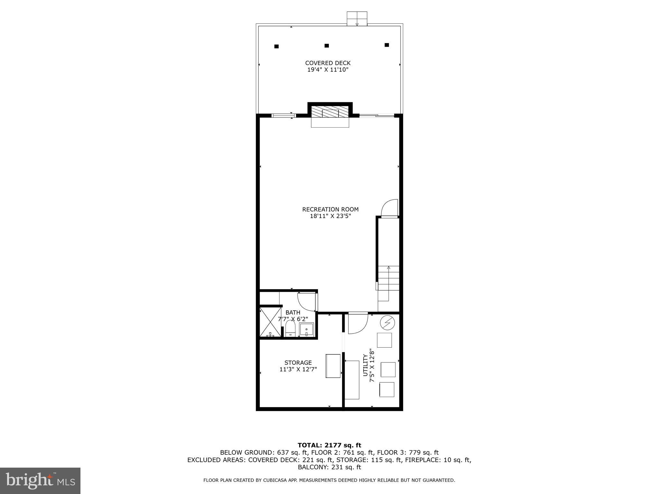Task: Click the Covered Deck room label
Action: point(328,66)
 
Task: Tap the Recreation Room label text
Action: point(330,213)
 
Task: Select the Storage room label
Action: point(298,366)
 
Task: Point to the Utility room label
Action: point(368,365)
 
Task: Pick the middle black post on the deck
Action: point(327,46)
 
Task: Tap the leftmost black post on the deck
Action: point(276,46)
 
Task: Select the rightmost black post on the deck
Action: point(387,45)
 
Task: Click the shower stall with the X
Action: point(270,322)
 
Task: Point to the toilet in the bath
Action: point(290,329)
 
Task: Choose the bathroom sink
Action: point(306,329)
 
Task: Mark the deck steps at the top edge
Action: point(357,19)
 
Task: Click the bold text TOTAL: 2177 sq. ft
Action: point(329,445)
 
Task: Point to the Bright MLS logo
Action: point(40,481)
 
